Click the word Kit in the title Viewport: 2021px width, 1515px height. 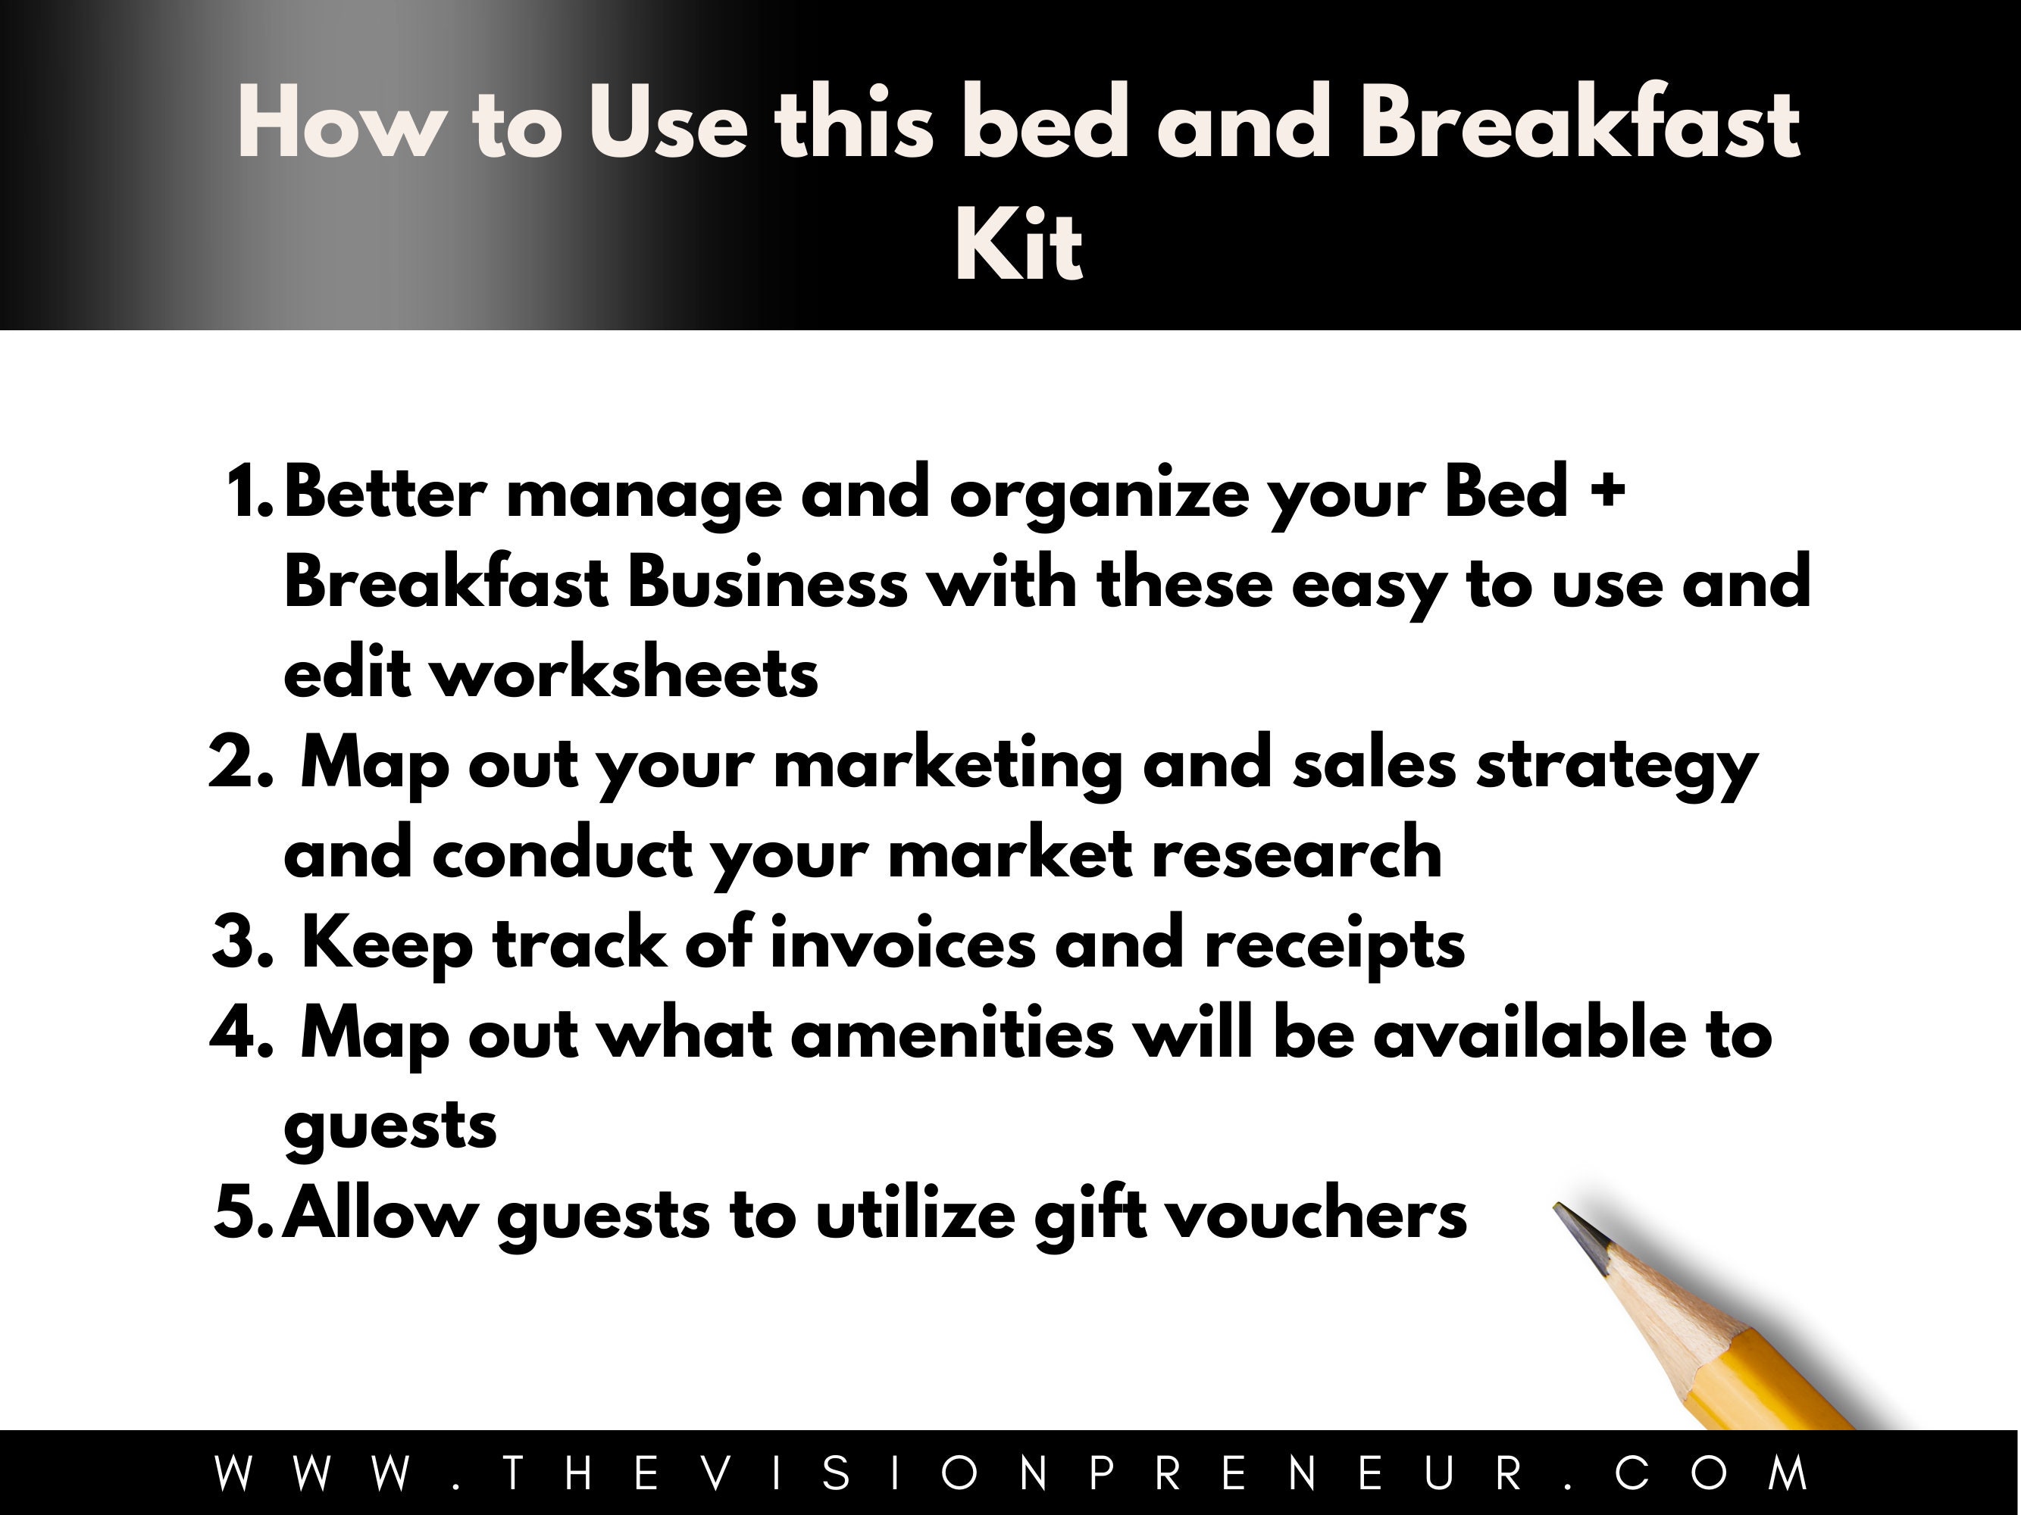(1018, 246)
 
